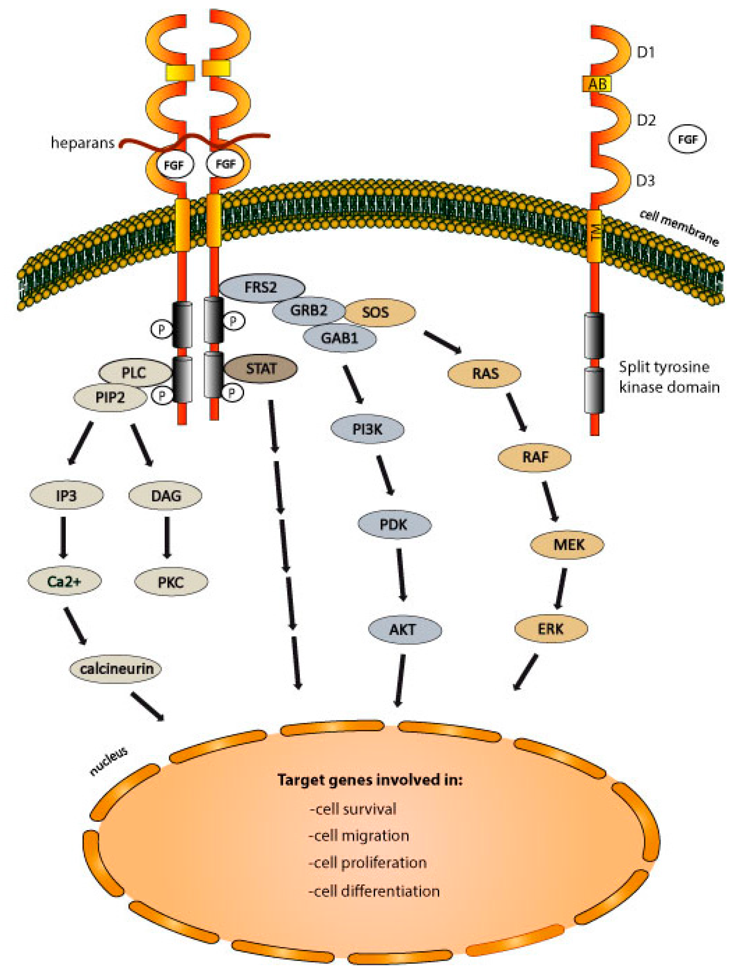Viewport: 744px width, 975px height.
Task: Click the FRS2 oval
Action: (x=262, y=288)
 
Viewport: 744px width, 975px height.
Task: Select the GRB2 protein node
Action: (x=309, y=310)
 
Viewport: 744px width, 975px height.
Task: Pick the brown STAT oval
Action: (x=261, y=368)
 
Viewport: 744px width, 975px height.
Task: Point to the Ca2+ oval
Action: (x=65, y=581)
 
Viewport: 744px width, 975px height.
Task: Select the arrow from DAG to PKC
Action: (x=167, y=537)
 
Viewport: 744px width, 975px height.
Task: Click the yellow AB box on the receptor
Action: (x=596, y=84)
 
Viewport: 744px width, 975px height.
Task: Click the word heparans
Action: (x=83, y=143)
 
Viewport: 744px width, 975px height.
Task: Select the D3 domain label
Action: (x=645, y=181)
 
